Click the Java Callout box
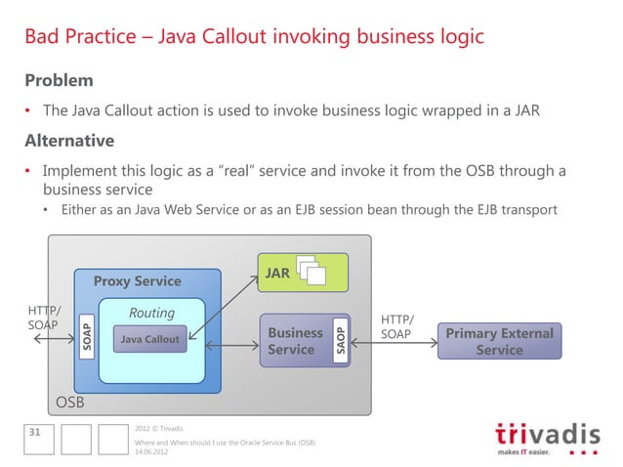[149, 340]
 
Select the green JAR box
[302, 273]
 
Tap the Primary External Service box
[499, 341]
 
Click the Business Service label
[295, 341]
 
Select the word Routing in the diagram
[151, 313]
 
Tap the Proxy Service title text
[137, 281]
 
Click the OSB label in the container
[69, 402]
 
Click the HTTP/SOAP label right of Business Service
[396, 327]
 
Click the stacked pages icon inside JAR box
[313, 273]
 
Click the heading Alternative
[69, 140]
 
